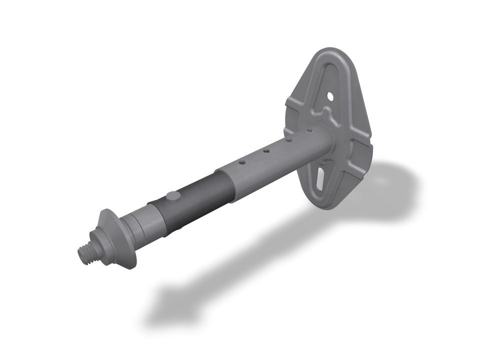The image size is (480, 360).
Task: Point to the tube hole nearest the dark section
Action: coord(241,162)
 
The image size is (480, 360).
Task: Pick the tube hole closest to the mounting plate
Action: coord(310,130)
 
